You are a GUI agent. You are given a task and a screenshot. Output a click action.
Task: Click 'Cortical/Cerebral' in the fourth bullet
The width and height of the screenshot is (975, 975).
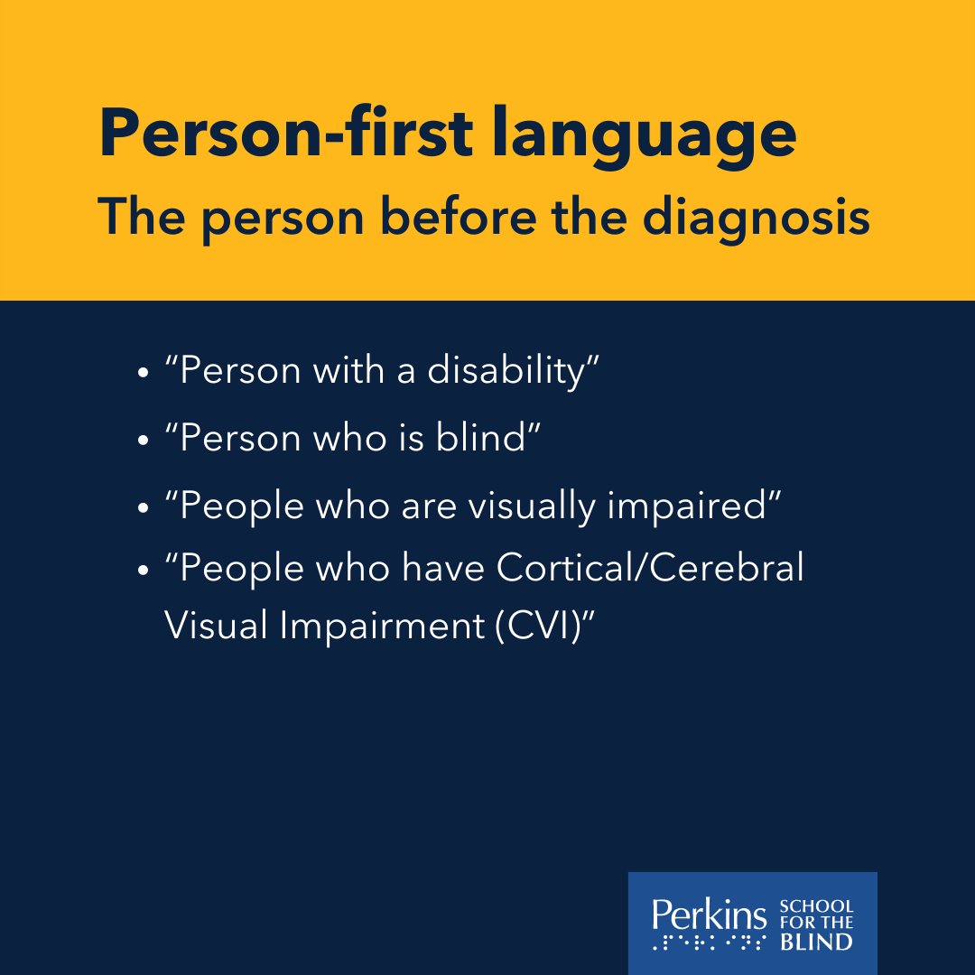coord(648,571)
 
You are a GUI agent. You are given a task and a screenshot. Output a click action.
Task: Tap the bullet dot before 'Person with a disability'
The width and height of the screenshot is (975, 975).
coord(143,373)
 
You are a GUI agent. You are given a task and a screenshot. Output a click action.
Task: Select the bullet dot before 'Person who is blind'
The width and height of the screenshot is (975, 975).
coord(143,440)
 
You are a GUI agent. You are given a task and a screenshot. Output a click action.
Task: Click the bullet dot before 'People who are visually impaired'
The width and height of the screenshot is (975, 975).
coord(143,507)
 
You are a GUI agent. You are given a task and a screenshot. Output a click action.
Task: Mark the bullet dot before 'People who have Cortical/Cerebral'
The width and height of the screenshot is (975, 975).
coord(143,573)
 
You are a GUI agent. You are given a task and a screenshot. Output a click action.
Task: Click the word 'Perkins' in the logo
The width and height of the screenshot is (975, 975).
coord(709,914)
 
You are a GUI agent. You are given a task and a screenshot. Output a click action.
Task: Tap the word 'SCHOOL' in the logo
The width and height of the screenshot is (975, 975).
coord(816,905)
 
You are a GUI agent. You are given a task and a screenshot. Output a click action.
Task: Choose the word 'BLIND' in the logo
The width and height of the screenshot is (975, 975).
coord(816,942)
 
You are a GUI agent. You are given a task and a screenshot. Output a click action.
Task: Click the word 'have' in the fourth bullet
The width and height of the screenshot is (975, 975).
coord(443,571)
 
